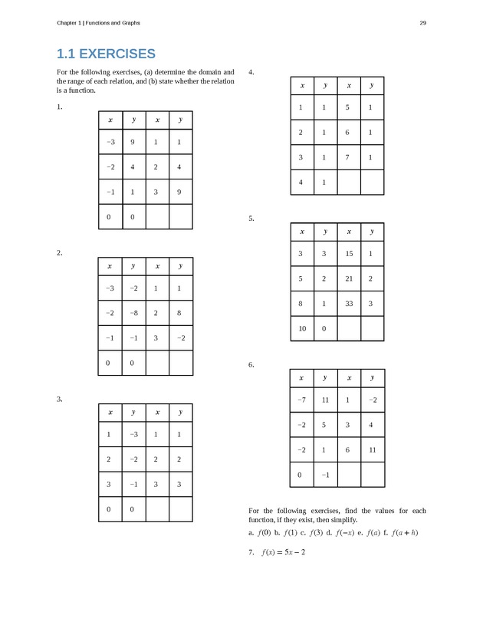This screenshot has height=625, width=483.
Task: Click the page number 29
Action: (422, 22)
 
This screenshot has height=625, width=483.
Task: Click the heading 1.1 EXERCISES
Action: (107, 54)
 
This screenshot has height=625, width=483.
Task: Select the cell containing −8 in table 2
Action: (133, 313)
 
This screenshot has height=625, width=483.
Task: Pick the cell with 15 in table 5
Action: (348, 255)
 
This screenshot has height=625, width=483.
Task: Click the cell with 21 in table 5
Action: (348, 278)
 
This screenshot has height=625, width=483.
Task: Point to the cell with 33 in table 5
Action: (348, 304)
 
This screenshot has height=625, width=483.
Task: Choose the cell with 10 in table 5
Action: (301, 328)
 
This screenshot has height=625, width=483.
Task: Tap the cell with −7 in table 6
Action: (301, 400)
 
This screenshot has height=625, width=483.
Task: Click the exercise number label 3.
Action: (59, 399)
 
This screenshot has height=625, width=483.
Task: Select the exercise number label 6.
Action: (251, 365)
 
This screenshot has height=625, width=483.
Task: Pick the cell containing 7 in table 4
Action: (348, 158)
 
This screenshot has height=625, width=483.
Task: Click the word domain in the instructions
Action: (212, 73)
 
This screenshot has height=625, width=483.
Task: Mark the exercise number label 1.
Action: (59, 107)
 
